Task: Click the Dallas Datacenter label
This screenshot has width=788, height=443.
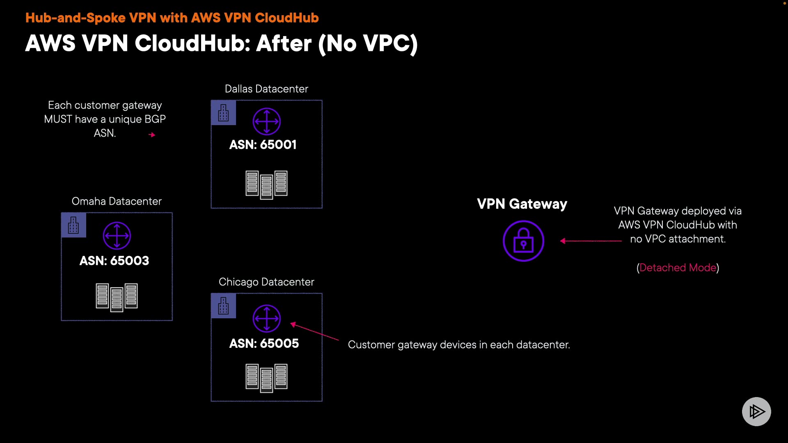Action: tap(266, 89)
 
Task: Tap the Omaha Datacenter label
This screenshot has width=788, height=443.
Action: tap(117, 201)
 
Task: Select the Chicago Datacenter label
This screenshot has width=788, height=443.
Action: tap(266, 282)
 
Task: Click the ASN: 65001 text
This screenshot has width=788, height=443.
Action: tap(263, 145)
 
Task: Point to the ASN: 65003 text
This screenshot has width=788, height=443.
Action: tap(114, 261)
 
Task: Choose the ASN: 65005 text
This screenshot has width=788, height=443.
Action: tap(264, 344)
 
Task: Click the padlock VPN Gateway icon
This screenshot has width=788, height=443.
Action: tap(523, 241)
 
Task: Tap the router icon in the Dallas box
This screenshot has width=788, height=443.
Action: tap(266, 121)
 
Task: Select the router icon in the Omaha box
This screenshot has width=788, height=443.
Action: tap(117, 236)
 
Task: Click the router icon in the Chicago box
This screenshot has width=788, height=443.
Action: tap(266, 318)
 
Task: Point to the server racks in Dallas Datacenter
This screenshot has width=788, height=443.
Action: tap(266, 184)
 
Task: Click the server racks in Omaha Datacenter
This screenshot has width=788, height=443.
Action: tap(117, 297)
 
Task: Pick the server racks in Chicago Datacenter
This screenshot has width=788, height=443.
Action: tap(266, 377)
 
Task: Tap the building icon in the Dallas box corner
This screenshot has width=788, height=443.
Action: tap(223, 113)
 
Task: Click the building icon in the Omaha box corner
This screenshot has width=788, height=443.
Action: tap(73, 225)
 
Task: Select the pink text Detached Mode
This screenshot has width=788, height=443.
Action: tap(678, 268)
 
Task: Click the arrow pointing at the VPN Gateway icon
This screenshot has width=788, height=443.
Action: tap(591, 241)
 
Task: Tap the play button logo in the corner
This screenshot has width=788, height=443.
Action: tap(756, 411)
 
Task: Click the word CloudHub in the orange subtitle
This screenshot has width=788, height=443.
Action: tap(286, 18)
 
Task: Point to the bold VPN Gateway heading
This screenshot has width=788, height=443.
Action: tap(522, 204)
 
